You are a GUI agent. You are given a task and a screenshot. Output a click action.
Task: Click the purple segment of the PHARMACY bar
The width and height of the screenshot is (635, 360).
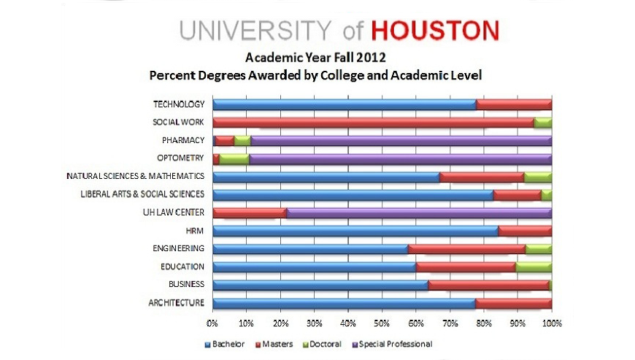pyautogui.click(x=401, y=140)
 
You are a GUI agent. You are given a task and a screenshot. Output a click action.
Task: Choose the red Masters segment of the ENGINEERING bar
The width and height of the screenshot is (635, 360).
pyautogui.click(x=466, y=249)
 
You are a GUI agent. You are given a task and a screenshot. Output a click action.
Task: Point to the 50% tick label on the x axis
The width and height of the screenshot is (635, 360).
pyautogui.click(x=382, y=321)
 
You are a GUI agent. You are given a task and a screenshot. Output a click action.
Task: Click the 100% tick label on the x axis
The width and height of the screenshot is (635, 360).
pyautogui.click(x=551, y=321)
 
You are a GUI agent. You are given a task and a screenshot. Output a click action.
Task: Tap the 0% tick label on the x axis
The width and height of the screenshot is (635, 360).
pyautogui.click(x=212, y=321)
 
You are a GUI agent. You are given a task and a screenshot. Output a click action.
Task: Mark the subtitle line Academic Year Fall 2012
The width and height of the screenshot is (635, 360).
pyautogui.click(x=315, y=56)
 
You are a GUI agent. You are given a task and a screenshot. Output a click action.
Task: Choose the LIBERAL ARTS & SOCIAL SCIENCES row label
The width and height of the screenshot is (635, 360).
pyautogui.click(x=141, y=194)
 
